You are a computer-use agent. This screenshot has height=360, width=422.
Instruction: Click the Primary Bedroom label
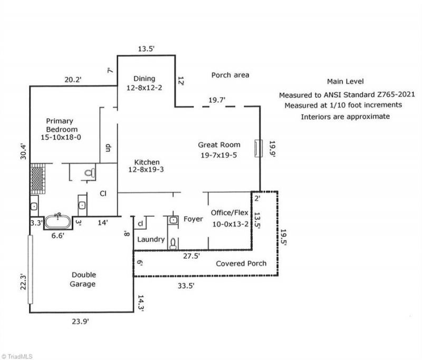tap(62, 129)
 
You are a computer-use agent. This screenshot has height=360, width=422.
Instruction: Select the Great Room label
tap(219, 149)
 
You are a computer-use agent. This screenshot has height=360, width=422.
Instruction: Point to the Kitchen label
tap(147, 166)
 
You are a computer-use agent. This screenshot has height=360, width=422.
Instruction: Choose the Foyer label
tap(193, 219)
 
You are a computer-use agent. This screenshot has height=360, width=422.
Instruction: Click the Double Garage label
tap(83, 279)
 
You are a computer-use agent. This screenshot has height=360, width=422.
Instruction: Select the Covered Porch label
tap(241, 263)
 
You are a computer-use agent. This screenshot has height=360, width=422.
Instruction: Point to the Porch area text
tap(230, 75)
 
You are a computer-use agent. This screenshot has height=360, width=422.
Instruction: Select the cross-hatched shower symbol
tap(37, 176)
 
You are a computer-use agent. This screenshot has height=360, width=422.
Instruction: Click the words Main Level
tap(346, 82)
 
